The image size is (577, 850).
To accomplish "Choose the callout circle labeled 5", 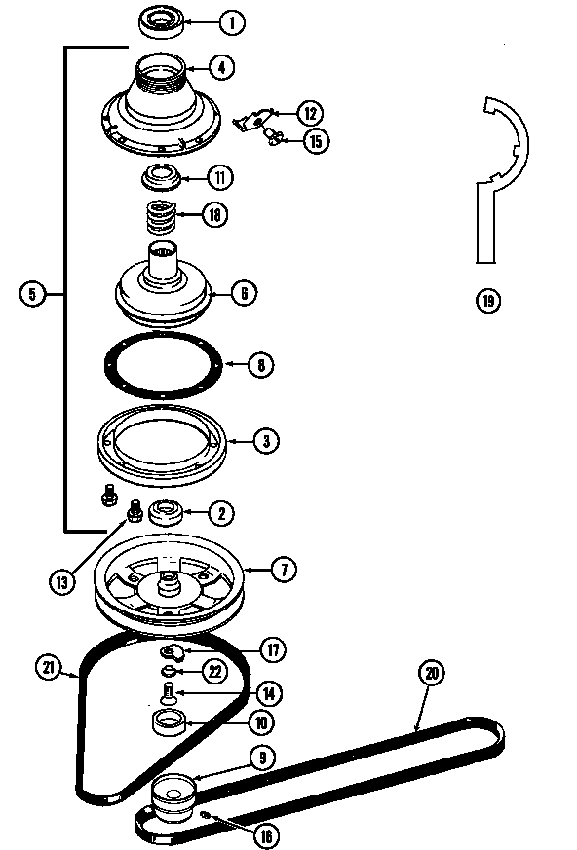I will point(32,293).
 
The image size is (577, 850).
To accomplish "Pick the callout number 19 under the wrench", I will point(487,300).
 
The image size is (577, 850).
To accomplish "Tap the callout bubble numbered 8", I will point(260,366).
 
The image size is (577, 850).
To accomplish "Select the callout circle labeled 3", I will point(265,440).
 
